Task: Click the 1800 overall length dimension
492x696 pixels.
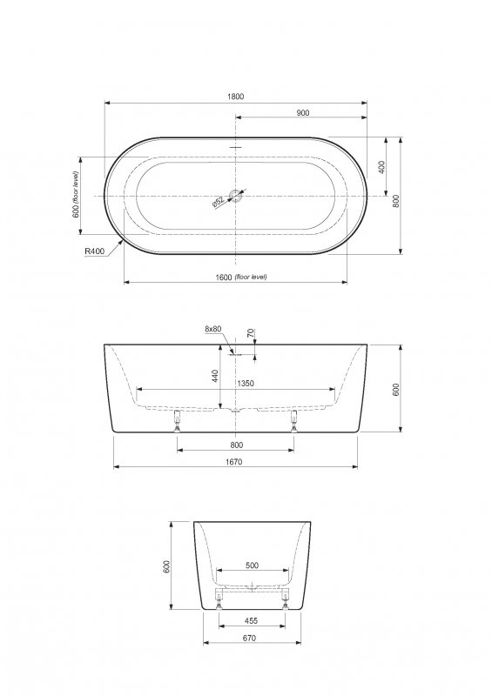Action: point(236,97)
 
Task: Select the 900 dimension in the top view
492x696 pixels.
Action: point(303,113)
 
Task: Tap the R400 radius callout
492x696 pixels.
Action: point(95,251)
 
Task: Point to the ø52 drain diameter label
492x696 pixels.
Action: point(219,203)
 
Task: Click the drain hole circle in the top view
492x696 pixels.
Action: point(236,196)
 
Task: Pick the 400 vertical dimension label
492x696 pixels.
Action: point(381,167)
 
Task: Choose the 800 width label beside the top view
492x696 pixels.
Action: point(396,201)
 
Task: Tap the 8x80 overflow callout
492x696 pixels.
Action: point(212,329)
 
